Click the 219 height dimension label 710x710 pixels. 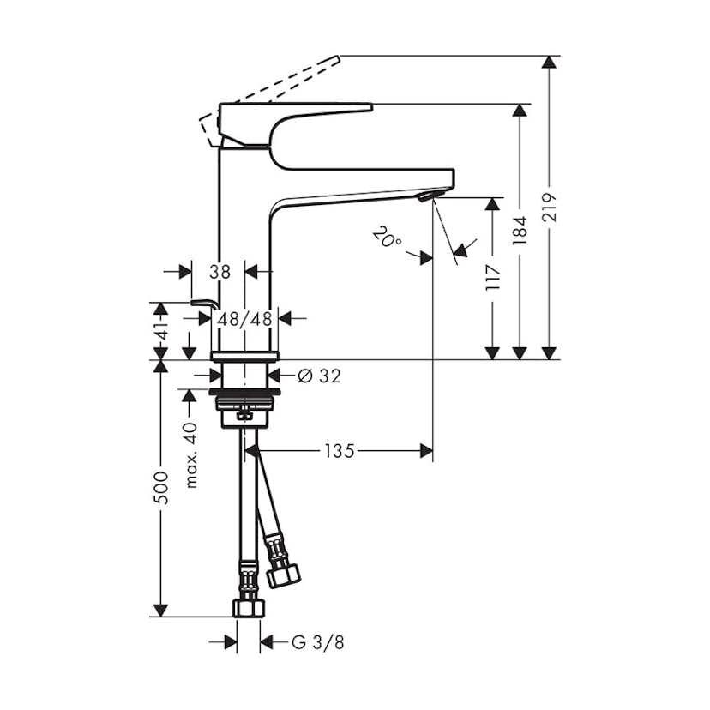click(x=550, y=208)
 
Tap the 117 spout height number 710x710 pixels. click(x=492, y=279)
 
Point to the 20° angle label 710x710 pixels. click(x=388, y=237)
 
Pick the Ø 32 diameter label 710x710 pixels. click(x=318, y=376)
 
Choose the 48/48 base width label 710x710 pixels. click(x=244, y=318)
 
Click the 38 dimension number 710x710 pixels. click(x=220, y=272)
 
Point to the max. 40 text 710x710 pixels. click(x=191, y=454)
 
